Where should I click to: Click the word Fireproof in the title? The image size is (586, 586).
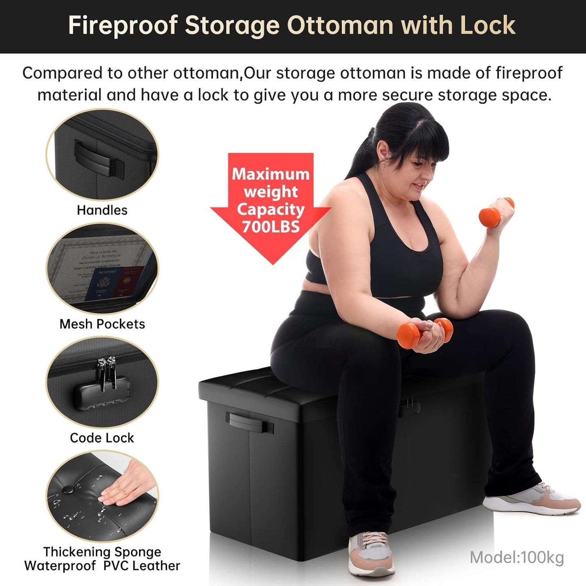coord(123,26)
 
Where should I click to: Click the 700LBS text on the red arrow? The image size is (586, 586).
coord(270,227)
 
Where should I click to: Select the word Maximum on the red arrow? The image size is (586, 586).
coord(270,174)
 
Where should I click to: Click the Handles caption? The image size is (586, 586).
coord(102,210)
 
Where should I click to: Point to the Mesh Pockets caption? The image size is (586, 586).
coord(102,324)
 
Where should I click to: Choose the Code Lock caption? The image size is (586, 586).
coord(102,438)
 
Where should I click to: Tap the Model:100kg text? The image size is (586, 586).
coord(517,557)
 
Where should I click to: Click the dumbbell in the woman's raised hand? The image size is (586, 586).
coord(496,212)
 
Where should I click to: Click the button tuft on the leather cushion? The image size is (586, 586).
coord(67,490)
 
